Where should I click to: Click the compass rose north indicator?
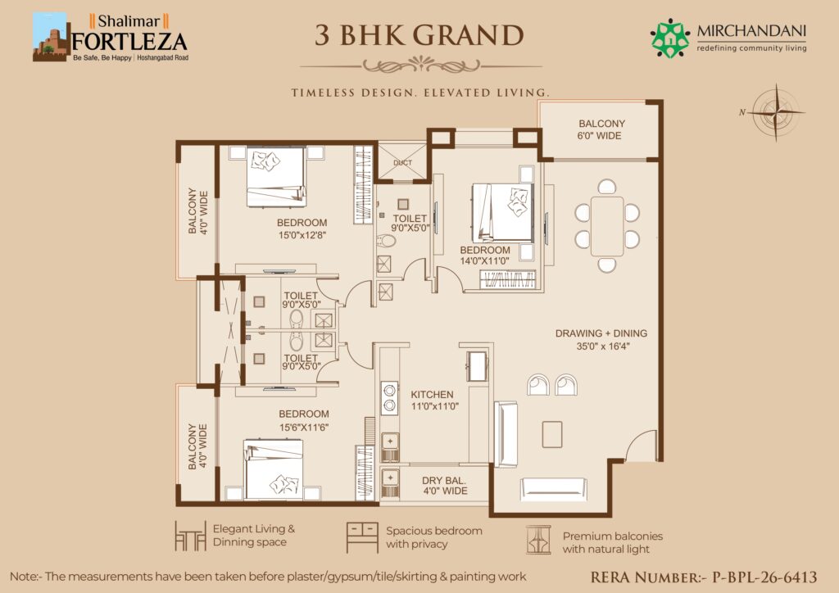(x=776, y=112)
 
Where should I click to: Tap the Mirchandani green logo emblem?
(x=670, y=38)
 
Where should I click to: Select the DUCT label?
(x=402, y=162)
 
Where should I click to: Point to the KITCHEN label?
(x=432, y=395)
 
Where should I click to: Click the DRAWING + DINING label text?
(x=601, y=333)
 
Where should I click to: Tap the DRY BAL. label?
(x=443, y=480)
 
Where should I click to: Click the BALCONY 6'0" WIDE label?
(x=601, y=129)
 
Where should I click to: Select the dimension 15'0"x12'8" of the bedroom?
(x=302, y=235)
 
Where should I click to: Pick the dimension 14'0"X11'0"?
(x=485, y=261)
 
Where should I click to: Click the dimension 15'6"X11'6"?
(x=304, y=428)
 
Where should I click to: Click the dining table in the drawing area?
(x=607, y=226)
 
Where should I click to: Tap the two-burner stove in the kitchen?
(x=389, y=398)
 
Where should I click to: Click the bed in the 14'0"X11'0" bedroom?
(x=502, y=213)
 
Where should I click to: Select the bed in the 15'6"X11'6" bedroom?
(x=274, y=469)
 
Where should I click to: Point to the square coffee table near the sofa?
(x=551, y=434)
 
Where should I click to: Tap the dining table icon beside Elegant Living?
(x=190, y=536)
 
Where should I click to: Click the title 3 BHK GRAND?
(x=419, y=35)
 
